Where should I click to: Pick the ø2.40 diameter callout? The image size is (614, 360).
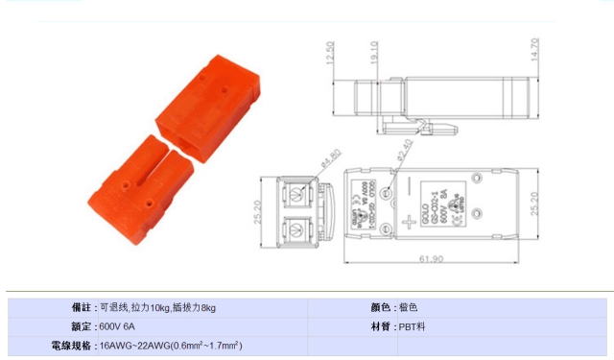(405, 149)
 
